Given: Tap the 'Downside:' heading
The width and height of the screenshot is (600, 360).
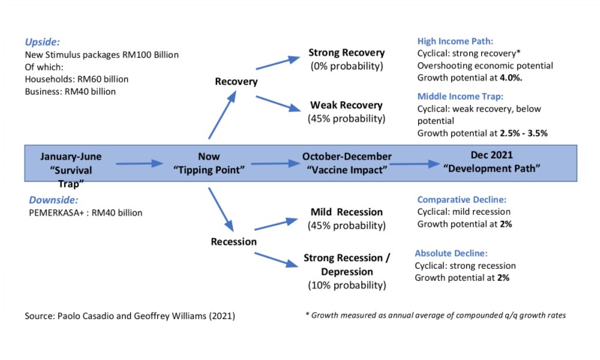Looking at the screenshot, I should [x=50, y=200].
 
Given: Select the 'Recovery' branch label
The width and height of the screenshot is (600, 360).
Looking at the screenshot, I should [x=236, y=82].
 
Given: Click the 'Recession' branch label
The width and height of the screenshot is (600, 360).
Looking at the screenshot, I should [x=234, y=242].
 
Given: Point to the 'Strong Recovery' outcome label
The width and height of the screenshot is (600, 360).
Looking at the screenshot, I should [x=346, y=53].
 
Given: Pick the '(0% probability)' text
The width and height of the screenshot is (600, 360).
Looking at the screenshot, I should [x=346, y=65].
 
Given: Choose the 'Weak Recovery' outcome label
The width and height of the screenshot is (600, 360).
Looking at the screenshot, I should [x=346, y=106].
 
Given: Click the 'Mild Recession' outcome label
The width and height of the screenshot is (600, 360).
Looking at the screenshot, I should [x=346, y=212].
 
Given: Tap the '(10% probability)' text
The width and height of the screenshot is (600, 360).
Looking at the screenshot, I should [x=346, y=286].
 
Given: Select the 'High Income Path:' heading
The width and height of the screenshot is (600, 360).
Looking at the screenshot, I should [x=455, y=41].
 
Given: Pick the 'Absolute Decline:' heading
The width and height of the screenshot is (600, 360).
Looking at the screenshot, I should [x=451, y=253].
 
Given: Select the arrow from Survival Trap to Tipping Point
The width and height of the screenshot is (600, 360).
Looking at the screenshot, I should [x=139, y=163].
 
